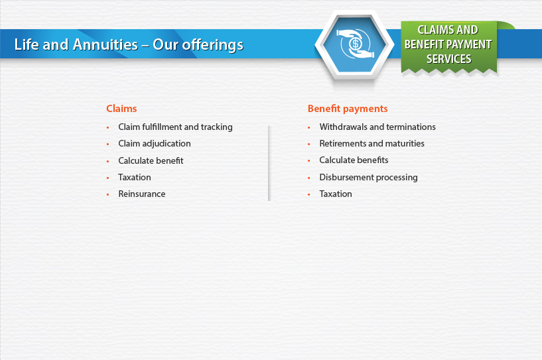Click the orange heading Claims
click(121, 109)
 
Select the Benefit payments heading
click(348, 109)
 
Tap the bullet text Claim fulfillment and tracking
click(175, 127)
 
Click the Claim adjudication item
click(154, 144)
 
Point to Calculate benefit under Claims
click(151, 160)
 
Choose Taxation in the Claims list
click(135, 177)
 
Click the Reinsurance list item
click(142, 194)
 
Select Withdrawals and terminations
click(377, 127)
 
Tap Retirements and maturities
click(372, 143)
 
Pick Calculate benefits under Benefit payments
click(354, 160)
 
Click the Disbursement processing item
click(368, 178)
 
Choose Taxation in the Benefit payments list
click(336, 194)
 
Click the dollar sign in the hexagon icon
click(355, 44)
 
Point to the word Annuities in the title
click(105, 44)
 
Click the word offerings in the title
click(212, 46)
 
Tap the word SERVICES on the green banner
click(448, 59)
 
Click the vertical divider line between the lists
click(269, 163)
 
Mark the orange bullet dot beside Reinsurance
click(108, 194)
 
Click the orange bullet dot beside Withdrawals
click(309, 127)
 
